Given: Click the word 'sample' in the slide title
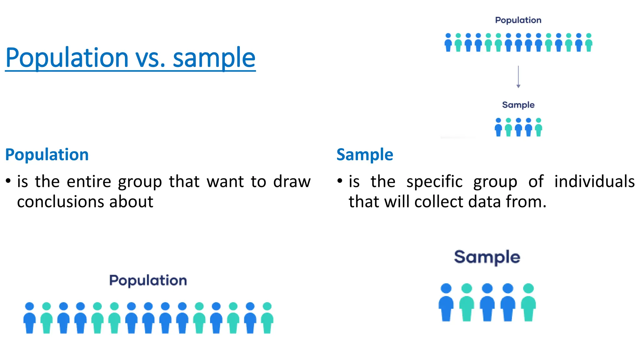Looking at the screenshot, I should coord(214,58).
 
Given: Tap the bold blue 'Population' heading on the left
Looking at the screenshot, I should coord(47,155).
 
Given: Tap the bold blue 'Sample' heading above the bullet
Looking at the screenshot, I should coord(365,155).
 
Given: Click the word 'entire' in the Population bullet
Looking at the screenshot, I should coord(89,182).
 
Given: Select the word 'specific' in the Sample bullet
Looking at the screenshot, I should coord(434,182).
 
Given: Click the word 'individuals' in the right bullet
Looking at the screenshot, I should coord(594,182).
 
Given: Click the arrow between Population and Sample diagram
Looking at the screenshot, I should coord(518,77).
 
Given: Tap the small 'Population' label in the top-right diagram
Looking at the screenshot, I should coord(518,20).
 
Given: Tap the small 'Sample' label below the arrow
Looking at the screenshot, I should coord(518,105).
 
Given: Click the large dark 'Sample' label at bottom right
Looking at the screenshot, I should coord(487,257).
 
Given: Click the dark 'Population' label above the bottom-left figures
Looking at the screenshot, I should coord(148,280).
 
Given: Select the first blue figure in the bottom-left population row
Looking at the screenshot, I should coord(30,318).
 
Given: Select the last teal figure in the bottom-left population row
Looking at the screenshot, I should coord(267,318).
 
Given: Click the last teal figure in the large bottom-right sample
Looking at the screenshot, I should coord(528,302).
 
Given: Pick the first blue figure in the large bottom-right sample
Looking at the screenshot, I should coord(446,302).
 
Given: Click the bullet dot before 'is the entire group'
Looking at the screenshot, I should coord(8,181).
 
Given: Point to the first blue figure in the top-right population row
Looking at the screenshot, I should coord(448,43).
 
